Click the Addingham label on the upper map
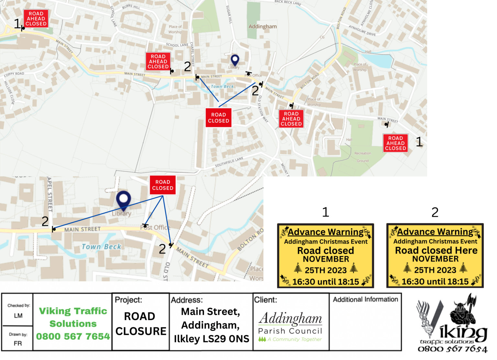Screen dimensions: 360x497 tap(262, 27)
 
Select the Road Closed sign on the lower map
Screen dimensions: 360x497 tap(162, 185)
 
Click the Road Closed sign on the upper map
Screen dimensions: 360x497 tap(218, 118)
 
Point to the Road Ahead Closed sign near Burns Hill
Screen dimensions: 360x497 tap(36, 18)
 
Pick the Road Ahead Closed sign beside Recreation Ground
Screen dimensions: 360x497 tap(395, 143)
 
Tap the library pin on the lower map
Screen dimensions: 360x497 tap(123, 199)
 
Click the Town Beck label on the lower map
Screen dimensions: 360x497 tap(101, 247)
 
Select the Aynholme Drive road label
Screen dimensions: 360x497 tap(362, 30)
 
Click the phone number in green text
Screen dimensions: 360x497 tap(73, 337)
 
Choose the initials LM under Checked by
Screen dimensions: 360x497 tap(18, 316)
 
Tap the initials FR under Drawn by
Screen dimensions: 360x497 tap(18, 343)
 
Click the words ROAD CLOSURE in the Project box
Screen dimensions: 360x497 tap(140, 324)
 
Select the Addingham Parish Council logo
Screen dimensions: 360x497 tap(290, 326)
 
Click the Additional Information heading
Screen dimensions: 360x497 tap(365, 299)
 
